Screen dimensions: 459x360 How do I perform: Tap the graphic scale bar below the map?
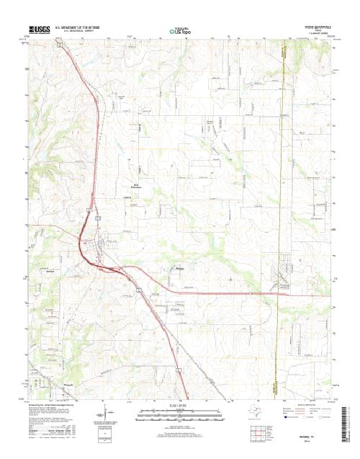[179, 413]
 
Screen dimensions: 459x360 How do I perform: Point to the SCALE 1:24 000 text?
[179, 406]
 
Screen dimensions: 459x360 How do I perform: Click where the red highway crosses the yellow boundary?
[277, 292]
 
